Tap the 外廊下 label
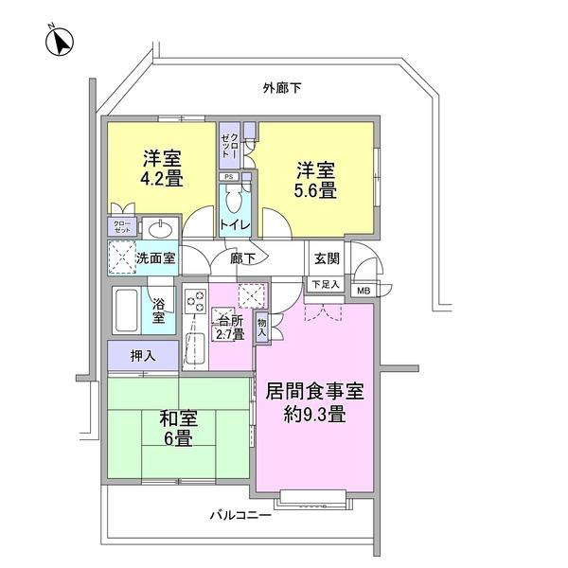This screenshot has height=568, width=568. tap(281, 88)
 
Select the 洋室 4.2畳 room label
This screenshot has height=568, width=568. tap(163, 167)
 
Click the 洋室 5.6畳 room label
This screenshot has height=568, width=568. tap(315, 180)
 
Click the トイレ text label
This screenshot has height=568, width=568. tap(234, 224)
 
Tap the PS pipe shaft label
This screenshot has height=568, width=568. tap(228, 177)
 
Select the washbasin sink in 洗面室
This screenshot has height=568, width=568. tap(160, 228)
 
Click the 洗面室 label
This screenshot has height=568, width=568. tap(154, 257)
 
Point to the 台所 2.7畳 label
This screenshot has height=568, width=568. tap(232, 326)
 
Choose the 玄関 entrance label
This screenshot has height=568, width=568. tap(327, 257)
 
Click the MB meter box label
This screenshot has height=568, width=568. tap(364, 290)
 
